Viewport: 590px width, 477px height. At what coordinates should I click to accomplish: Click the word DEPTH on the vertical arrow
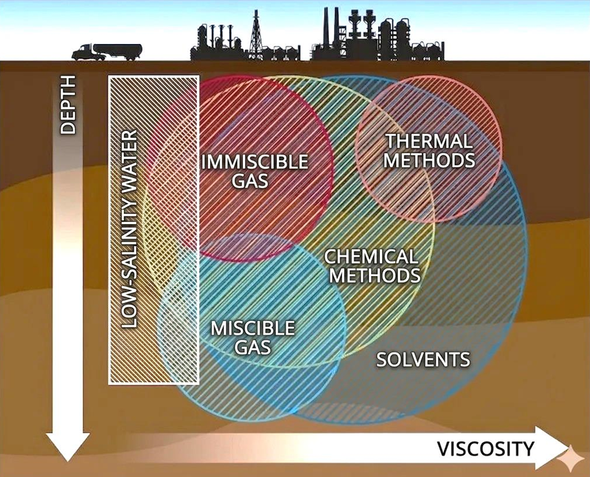tap(68, 105)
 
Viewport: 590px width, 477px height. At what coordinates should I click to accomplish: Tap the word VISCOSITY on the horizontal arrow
tap(485, 449)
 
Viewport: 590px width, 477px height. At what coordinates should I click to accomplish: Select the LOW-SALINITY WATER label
tap(129, 229)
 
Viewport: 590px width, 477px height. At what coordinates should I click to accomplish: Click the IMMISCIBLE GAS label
tap(255, 171)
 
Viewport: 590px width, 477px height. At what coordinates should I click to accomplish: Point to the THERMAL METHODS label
tap(430, 151)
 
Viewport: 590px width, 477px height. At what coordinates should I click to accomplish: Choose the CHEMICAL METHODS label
tap(373, 266)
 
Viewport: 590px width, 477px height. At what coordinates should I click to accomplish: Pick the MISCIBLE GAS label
tap(253, 338)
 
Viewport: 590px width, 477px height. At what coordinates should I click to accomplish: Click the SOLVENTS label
tap(423, 359)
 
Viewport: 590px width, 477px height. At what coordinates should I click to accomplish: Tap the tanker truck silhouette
tap(107, 52)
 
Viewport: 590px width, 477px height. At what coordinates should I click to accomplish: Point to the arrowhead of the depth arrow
tap(67, 447)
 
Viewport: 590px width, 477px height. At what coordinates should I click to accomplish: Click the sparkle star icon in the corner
tap(571, 458)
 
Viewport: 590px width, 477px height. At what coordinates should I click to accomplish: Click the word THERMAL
tap(430, 141)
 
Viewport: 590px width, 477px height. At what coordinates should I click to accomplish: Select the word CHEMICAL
tap(371, 257)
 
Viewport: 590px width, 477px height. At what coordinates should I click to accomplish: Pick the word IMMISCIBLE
tap(255, 162)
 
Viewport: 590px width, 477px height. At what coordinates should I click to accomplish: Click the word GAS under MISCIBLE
tap(253, 347)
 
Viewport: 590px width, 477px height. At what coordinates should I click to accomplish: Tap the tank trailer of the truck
tap(118, 51)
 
